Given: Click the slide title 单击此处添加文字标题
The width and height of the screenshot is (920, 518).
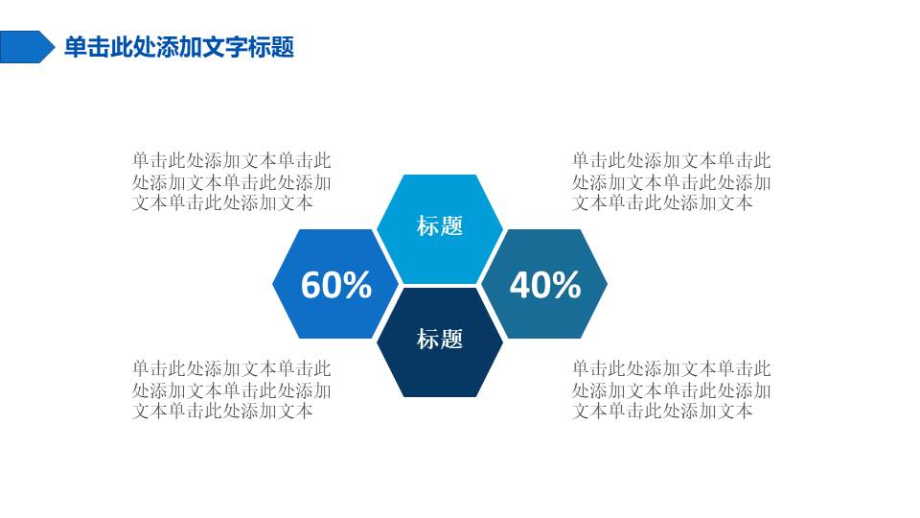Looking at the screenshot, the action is point(179,47).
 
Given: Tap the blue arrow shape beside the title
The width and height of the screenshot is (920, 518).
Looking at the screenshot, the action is point(27,47).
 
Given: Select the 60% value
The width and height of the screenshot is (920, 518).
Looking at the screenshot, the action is point(336,284).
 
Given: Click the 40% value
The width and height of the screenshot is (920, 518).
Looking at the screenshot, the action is point(545,284).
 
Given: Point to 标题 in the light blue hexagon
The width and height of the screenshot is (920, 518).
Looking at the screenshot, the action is point(440,225).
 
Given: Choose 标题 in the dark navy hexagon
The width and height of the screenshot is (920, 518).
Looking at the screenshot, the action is point(440,339).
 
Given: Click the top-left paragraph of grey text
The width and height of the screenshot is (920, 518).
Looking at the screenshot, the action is point(232,181).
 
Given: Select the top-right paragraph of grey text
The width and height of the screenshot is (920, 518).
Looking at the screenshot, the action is point(671,181).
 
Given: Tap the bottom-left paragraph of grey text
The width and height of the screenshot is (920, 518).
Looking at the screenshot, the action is point(232,389).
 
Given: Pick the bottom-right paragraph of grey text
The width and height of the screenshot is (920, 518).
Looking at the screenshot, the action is point(671,389).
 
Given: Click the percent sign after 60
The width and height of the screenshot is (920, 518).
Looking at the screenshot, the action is point(357,285).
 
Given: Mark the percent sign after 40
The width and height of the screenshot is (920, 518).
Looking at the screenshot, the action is point(566,285).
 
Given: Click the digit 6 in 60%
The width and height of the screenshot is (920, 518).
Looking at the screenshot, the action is point(310,285).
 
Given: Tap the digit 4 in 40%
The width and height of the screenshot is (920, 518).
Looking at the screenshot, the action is point(519,285).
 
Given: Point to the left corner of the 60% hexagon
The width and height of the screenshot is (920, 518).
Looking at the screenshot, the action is point(273,284).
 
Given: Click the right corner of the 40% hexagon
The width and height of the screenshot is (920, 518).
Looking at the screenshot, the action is point(608,284).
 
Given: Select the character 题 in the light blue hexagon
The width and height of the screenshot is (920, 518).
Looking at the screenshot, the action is point(451,225).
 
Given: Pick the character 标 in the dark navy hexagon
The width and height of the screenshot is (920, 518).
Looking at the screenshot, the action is point(427,339).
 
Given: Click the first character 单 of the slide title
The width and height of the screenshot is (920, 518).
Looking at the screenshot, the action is point(76,47).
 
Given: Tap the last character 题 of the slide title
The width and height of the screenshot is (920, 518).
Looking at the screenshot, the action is point(283,47).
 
